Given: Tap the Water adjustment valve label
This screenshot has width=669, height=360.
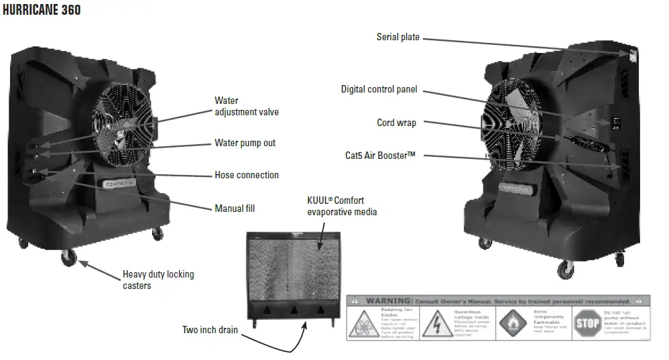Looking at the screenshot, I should pos(246,107).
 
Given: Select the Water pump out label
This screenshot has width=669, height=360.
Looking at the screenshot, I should pos(245,143).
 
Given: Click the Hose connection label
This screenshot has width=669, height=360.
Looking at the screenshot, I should pos(246,175).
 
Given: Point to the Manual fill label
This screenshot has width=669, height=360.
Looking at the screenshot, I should pos(234,208).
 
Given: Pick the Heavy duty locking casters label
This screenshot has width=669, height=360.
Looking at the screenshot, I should pos(158,280).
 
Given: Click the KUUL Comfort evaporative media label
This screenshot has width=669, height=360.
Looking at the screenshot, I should pos(342,206).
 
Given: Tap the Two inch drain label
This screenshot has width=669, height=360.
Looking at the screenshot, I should pos(209,330).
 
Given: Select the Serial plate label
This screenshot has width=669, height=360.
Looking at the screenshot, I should pos(398,37).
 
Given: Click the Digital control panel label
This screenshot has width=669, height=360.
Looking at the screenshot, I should pos(379,89).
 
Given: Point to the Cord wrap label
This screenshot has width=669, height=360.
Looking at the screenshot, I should pos(396,123).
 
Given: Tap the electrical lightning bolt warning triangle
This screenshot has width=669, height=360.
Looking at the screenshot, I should pos(438,323).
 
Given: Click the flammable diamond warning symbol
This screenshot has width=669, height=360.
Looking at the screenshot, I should pos(512,324).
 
